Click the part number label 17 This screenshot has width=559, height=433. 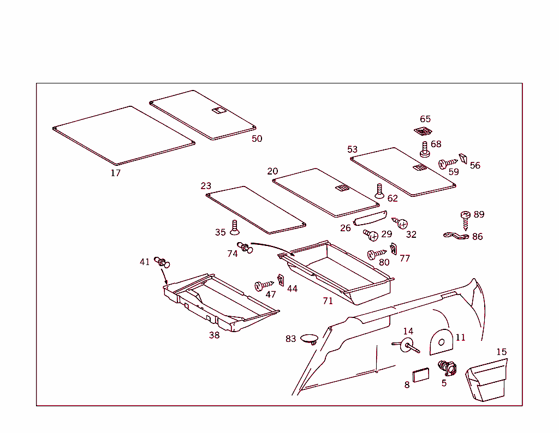coord(116,173)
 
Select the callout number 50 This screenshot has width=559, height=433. coord(257,139)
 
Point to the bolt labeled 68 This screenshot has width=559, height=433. coord(425,149)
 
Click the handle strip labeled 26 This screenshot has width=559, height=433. coord(370,219)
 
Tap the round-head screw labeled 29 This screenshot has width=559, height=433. coord(371,235)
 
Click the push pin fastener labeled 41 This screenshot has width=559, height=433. coord(162,262)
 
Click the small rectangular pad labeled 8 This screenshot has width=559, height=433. coord(421,375)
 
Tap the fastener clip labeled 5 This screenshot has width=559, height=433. coord(447,368)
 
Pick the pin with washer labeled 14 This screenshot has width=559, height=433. coord(406,345)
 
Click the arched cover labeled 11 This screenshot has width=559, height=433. coord(440,340)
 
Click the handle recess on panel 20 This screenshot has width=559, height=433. coord(342,188)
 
